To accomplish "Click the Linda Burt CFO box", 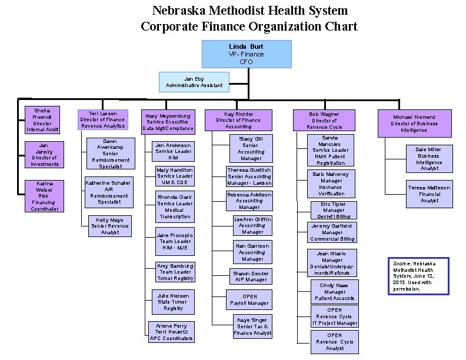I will [247, 54].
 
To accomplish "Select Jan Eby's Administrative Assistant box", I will [194, 82].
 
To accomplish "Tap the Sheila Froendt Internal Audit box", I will [42, 120].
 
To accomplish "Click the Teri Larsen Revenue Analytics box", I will [102, 119].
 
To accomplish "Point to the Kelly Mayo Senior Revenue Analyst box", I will [109, 226].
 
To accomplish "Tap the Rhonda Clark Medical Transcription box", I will [175, 206].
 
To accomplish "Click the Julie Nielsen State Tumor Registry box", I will [173, 301].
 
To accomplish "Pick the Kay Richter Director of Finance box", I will [238, 119].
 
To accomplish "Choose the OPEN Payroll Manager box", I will [249, 300].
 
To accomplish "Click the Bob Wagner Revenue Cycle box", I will [324, 120].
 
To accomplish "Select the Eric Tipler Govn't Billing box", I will [334, 210].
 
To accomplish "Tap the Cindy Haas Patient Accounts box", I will [334, 291].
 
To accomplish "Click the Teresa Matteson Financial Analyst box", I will [429, 194].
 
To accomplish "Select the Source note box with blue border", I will [418, 276].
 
